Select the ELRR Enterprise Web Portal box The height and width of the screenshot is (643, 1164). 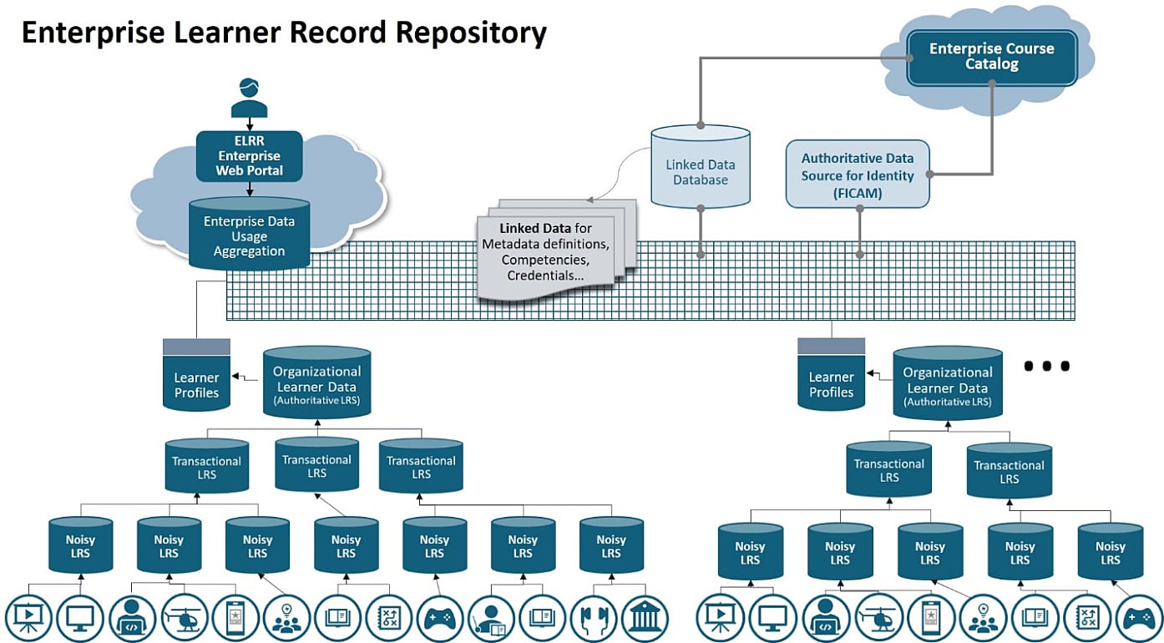(x=250, y=156)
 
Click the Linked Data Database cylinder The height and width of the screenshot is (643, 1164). (x=701, y=171)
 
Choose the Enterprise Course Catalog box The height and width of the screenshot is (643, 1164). (x=991, y=57)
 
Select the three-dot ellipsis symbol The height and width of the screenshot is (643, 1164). (x=1046, y=366)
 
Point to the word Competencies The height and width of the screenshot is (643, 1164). (x=546, y=259)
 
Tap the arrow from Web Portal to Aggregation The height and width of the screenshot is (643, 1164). (x=250, y=189)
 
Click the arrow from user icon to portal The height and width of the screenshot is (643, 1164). (x=250, y=124)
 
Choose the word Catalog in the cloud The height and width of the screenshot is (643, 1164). (x=991, y=64)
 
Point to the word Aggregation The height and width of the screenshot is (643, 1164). (x=249, y=251)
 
